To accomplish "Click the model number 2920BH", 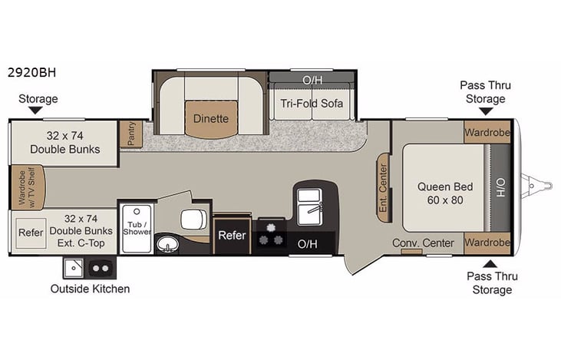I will tap(33, 74).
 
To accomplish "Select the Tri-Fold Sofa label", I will tap(312, 104).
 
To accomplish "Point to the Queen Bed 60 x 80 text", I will tap(444, 193).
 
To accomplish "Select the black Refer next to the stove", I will tap(232, 236).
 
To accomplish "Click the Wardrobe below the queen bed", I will tap(487, 243).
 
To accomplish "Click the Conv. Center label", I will tap(424, 243).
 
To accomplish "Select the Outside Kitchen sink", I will tap(74, 269).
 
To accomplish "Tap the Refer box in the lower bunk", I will tap(31, 233).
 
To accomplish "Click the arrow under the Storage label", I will tap(38, 111).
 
